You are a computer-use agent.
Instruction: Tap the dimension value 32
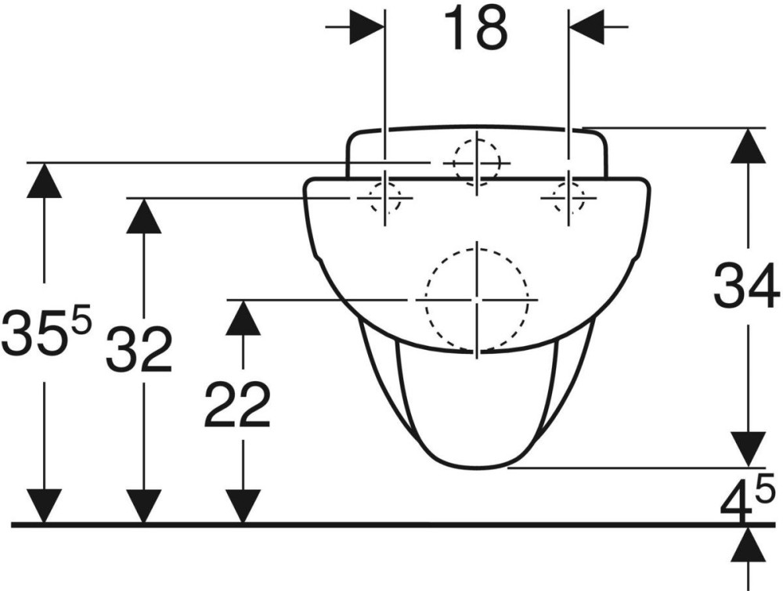point(139,350)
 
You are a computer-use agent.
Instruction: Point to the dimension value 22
point(237,405)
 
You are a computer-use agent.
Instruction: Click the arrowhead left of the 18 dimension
point(366,27)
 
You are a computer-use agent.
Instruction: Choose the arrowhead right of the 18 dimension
point(586,27)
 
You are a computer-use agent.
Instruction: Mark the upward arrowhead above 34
point(748,146)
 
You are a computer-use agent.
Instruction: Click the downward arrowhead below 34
point(748,450)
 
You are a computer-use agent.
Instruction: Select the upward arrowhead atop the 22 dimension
point(243,318)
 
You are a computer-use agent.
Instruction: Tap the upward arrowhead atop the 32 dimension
point(144,215)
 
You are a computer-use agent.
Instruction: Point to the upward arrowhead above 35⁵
point(45,181)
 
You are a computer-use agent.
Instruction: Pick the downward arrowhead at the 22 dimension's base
point(243,506)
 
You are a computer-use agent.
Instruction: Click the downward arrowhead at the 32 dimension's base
point(144,506)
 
